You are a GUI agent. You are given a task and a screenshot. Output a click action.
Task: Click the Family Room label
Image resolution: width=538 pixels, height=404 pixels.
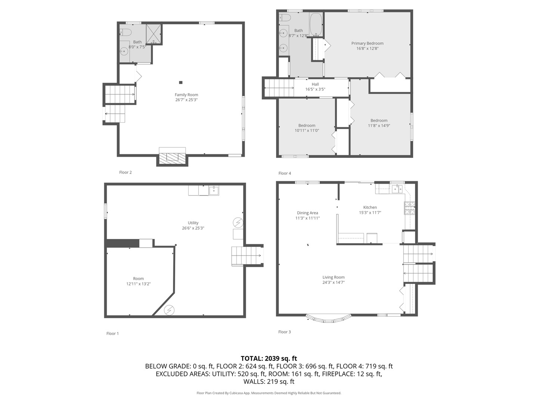[x=186, y=95]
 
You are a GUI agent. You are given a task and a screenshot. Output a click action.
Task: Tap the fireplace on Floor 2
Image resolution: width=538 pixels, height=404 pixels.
[x=172, y=159]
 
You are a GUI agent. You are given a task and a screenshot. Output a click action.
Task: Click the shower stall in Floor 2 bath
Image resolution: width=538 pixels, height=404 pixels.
[x=154, y=34]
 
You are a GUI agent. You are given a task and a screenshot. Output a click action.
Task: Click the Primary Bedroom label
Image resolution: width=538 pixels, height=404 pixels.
[x=367, y=43]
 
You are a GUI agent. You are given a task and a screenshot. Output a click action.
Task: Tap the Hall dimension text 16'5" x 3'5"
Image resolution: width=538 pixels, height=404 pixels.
[x=315, y=89]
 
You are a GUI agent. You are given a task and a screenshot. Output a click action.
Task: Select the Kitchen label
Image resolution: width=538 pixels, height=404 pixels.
[x=370, y=207]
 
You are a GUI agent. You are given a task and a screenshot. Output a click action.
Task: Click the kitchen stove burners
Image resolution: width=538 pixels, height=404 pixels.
[x=409, y=208]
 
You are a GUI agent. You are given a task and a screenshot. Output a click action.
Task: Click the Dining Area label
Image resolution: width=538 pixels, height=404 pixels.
[x=307, y=213]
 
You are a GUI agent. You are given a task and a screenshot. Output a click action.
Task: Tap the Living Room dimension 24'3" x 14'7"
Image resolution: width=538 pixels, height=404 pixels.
[x=333, y=282]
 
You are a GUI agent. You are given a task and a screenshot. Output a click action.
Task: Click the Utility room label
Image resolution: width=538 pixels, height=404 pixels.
[x=193, y=223]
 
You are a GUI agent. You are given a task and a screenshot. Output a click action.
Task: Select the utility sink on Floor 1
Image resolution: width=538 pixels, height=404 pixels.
[x=214, y=190]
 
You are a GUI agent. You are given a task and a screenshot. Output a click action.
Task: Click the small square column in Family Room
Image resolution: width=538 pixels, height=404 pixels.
[x=180, y=82]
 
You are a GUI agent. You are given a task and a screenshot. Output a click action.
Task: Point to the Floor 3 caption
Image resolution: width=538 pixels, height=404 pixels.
[x=284, y=332]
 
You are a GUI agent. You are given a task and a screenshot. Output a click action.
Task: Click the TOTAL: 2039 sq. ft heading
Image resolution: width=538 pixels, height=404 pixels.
[x=269, y=358]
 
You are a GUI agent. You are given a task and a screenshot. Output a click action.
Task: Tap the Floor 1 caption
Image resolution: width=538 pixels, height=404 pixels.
[x=112, y=333]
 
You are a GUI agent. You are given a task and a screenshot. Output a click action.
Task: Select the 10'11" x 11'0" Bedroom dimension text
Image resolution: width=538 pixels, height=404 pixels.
[x=307, y=131]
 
